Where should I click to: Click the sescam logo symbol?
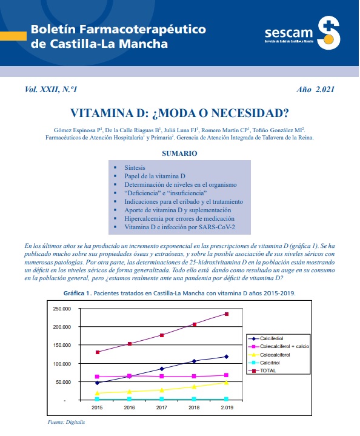[x=328, y=33]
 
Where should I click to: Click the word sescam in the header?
[x=289, y=33]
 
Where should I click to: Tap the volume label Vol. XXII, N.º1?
[x=51, y=89]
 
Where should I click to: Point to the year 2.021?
[x=325, y=89]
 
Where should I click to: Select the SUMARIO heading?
[x=179, y=153]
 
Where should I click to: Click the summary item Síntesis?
[x=135, y=168]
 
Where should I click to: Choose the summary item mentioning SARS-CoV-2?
[x=179, y=227]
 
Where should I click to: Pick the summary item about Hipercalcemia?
[x=179, y=218]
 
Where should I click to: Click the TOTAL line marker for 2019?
[x=227, y=314]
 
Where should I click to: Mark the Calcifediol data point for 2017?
[x=162, y=369]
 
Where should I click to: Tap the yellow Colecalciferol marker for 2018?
[x=195, y=386]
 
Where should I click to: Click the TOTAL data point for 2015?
[x=98, y=352]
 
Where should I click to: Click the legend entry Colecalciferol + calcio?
[x=279, y=346]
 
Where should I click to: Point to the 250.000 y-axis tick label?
[x=62, y=309]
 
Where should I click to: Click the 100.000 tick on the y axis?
[x=62, y=364]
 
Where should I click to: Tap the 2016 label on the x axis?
[x=129, y=407]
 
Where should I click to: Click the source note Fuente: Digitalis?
[x=66, y=422]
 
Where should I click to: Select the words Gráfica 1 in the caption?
[x=78, y=293]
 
